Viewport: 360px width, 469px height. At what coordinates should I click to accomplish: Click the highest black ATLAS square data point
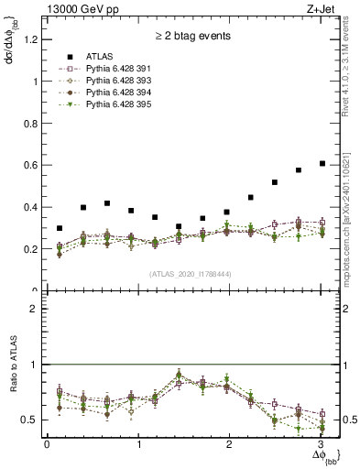(322, 164)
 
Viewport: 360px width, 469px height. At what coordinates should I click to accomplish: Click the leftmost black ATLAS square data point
(60, 228)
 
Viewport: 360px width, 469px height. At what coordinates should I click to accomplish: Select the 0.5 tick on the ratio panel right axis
(341, 420)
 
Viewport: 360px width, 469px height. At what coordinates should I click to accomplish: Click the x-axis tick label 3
(317, 444)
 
